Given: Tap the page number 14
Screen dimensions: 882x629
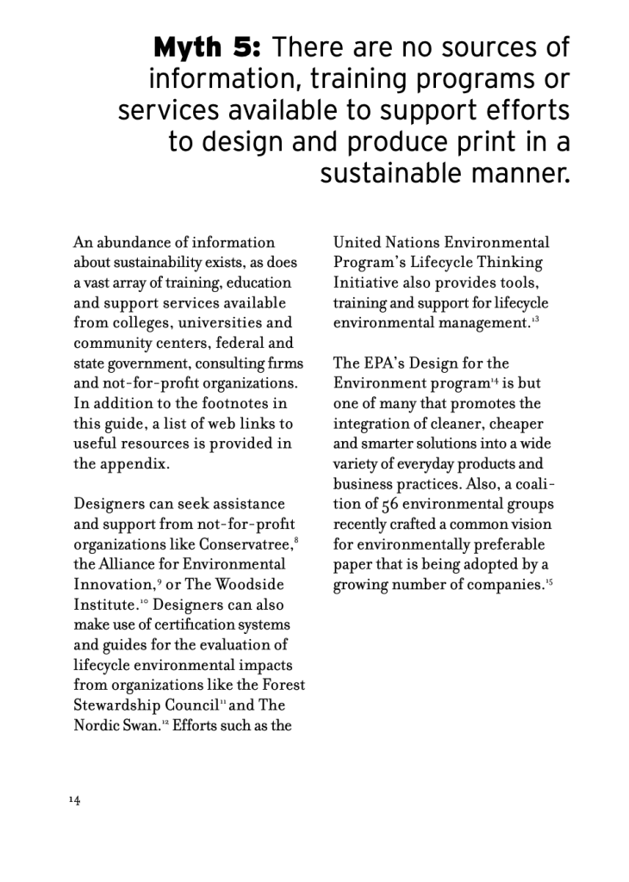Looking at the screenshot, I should [x=75, y=800].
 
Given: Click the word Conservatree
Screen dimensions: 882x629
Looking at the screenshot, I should [x=245, y=544].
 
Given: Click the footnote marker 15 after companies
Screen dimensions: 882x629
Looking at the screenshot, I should [x=548, y=581].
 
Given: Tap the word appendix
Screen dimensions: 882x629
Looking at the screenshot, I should [x=121, y=463].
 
